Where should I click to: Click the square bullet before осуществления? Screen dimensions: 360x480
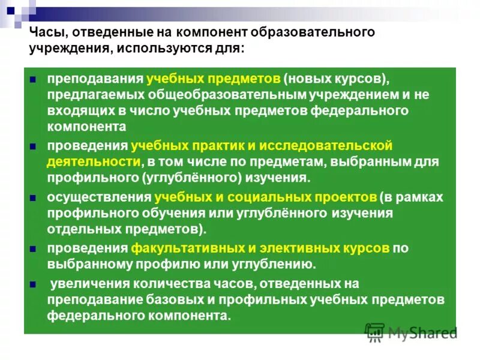34,197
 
